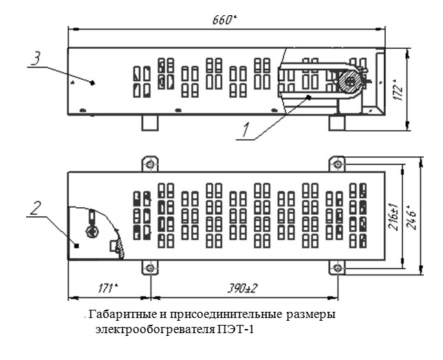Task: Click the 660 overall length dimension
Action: [224, 20]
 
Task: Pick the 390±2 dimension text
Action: [242, 288]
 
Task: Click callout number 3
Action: [36, 58]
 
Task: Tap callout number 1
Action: [246, 130]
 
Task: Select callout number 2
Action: [36, 208]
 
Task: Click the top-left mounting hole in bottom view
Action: [150, 163]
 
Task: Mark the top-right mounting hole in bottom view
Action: [337, 164]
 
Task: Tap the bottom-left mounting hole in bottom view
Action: [150, 268]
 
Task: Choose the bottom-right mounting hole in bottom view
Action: [337, 268]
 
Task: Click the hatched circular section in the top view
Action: [349, 82]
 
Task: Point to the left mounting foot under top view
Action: [150, 123]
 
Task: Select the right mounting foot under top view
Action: [337, 123]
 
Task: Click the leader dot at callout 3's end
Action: [92, 83]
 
